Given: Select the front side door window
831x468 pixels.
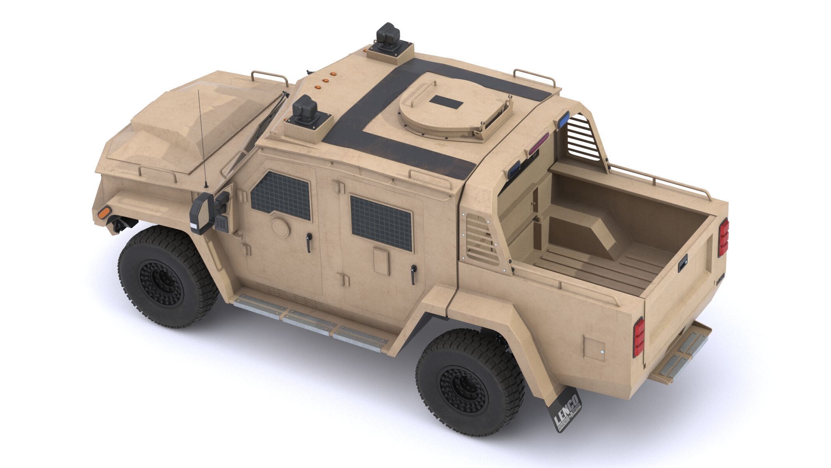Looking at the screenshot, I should (281, 196).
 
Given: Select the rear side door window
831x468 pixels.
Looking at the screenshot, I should (381, 223).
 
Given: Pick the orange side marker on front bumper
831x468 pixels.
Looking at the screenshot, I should (104, 213).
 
